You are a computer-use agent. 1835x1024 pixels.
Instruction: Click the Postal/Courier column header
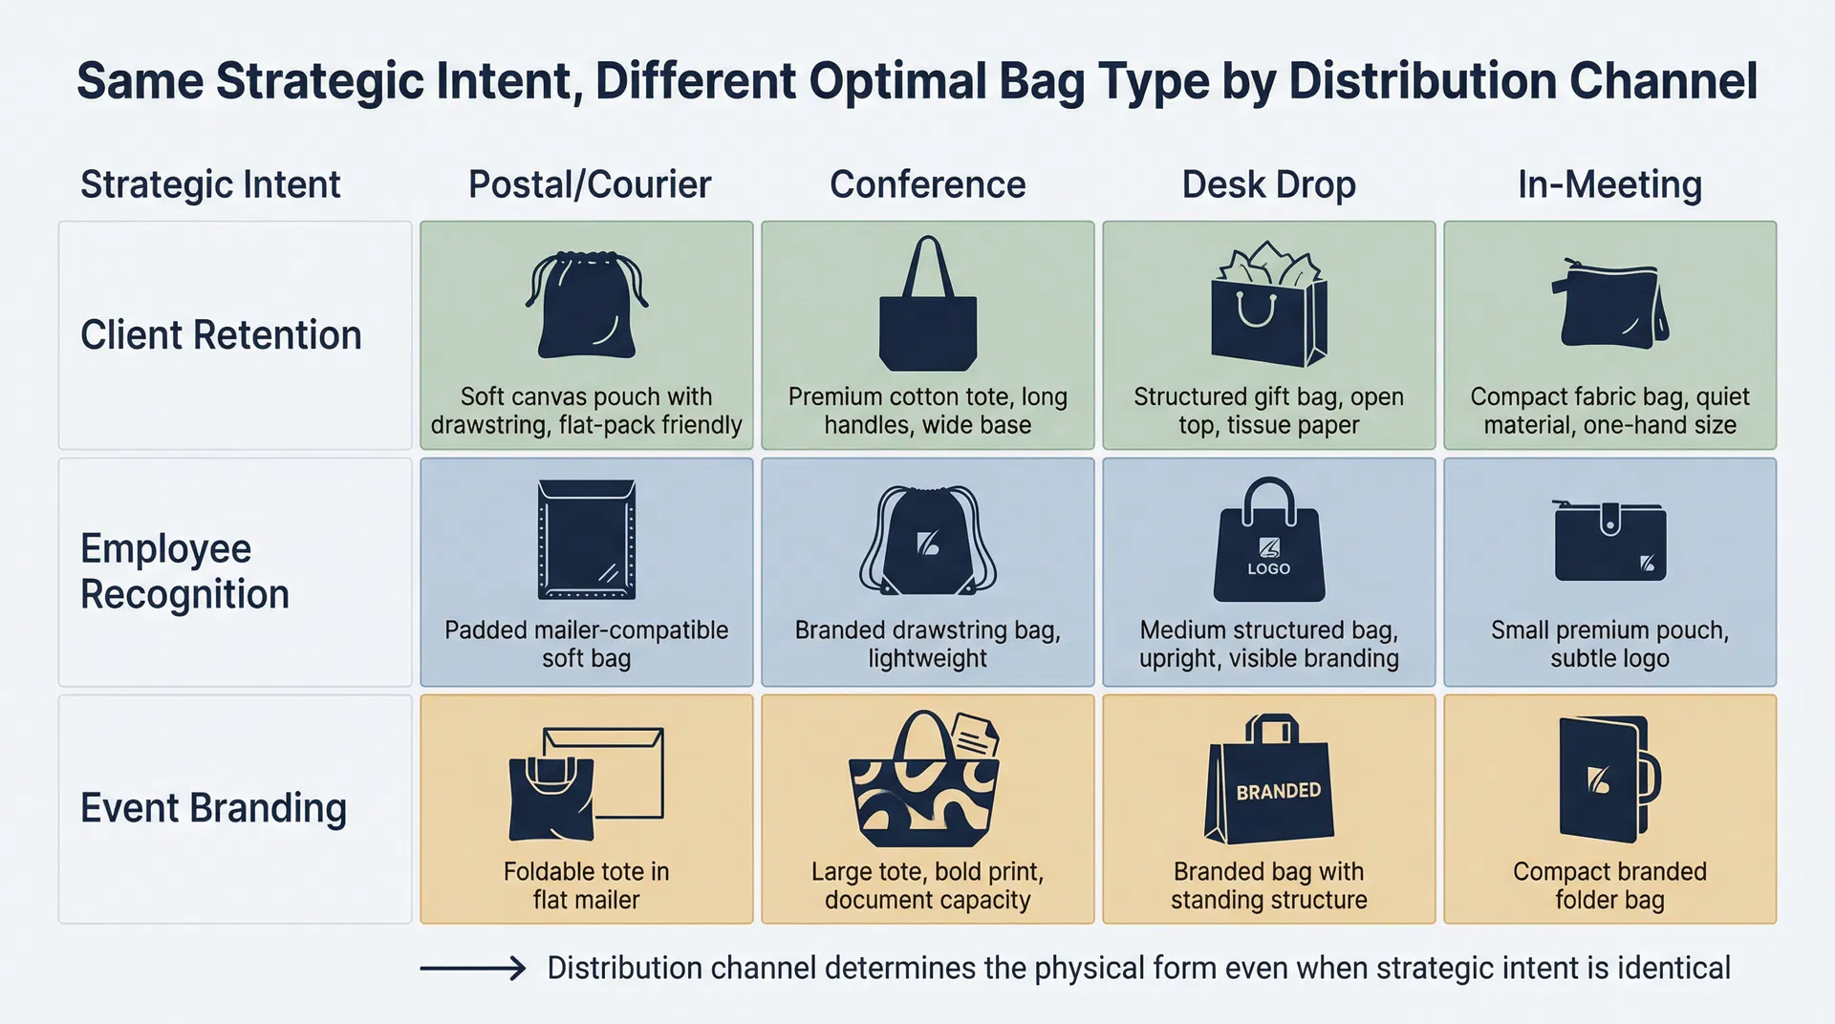coord(589,184)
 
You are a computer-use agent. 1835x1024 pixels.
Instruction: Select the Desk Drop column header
coord(1268,184)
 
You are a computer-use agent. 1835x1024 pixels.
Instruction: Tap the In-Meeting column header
coord(1609,184)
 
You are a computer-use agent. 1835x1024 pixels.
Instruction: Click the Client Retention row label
coord(221,335)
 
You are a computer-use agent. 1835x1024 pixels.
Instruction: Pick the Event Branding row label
coord(213,808)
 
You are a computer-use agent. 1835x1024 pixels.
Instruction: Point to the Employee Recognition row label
coord(184,571)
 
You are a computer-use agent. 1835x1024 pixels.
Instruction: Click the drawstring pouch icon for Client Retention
coord(586,305)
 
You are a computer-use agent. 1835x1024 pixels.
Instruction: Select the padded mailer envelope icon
coord(586,540)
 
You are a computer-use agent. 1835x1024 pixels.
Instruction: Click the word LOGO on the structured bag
coord(1268,568)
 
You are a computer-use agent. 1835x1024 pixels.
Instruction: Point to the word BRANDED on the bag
coord(1278,791)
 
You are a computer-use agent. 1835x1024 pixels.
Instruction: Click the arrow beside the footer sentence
coord(473,969)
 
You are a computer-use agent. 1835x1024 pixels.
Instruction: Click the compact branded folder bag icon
coord(1608,779)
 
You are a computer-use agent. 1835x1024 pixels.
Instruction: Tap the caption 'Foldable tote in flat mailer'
coord(586,885)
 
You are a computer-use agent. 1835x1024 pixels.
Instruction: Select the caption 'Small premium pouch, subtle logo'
coord(1609,644)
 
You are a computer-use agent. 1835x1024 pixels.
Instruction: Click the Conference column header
coord(927,184)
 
